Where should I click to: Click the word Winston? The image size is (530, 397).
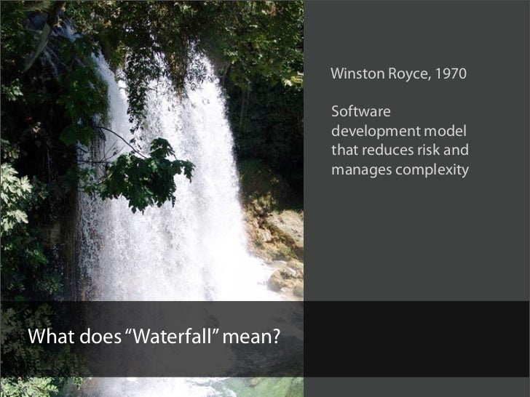point(351,74)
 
